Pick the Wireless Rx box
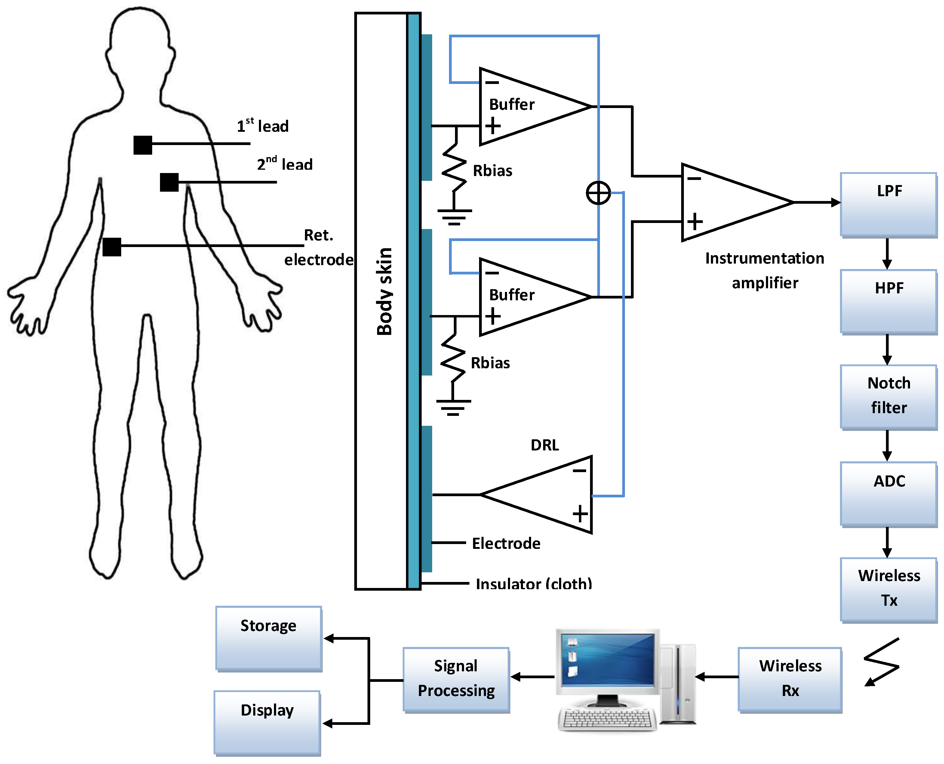tap(790, 679)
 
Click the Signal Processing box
tap(456, 679)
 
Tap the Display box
tap(267, 722)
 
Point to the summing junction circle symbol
tap(598, 193)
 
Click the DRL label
tap(545, 445)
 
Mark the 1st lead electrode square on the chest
tap(143, 145)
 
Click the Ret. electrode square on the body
tap(112, 247)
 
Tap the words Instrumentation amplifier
tap(764, 270)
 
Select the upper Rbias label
tap(492, 171)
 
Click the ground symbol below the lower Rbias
tap(454, 407)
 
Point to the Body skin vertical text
tap(384, 291)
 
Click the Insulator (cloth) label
tap(533, 583)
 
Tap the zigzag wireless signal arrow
tap(881, 662)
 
